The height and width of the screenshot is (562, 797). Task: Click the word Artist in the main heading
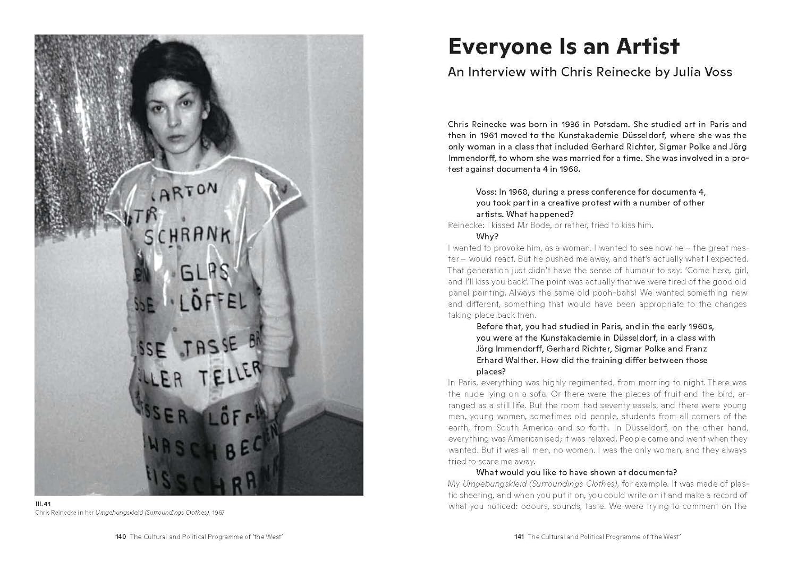[x=648, y=47]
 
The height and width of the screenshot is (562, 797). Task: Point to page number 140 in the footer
[x=121, y=537]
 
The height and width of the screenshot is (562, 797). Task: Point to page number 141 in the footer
[x=519, y=537]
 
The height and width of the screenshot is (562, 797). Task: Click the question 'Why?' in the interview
[x=487, y=237]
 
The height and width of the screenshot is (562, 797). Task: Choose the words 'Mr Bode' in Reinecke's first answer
[x=525, y=225]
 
